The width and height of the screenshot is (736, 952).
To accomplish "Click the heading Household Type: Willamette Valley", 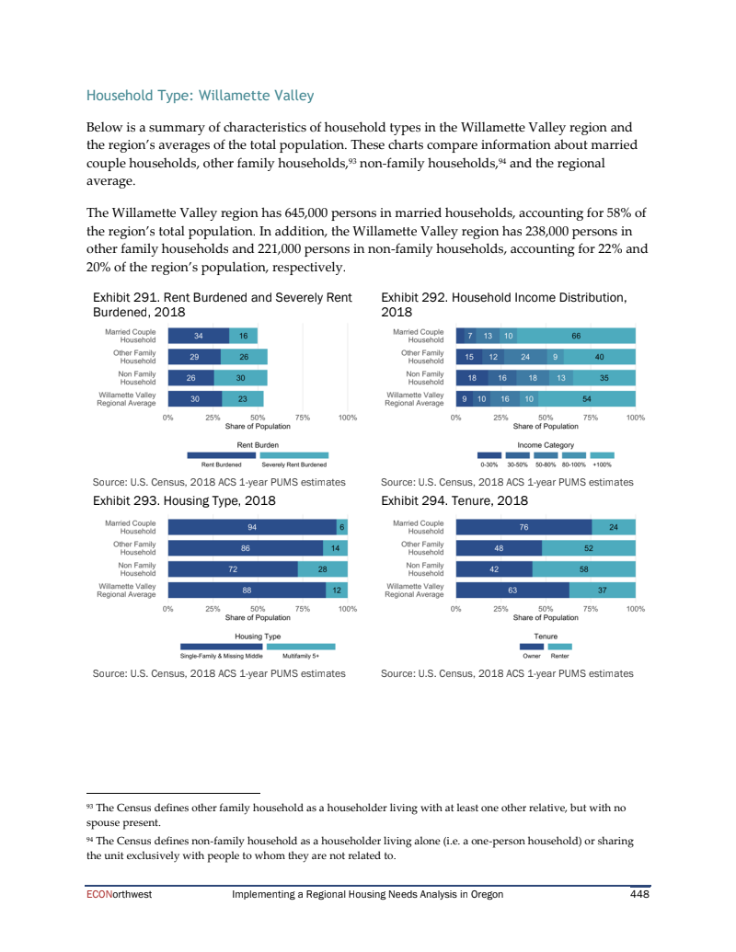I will coord(200,96).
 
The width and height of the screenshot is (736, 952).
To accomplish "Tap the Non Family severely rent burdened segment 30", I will coord(240,377).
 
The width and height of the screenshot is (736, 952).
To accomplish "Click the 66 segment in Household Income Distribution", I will coord(576,336).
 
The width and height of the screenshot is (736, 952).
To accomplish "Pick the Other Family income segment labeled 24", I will coord(525,356).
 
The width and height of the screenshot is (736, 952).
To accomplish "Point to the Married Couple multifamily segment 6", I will coord(341,527).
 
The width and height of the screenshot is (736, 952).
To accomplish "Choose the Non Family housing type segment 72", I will coord(234,569).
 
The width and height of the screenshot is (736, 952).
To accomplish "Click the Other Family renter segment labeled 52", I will coord(588,548).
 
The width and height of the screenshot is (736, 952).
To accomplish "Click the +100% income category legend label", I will coord(602,465).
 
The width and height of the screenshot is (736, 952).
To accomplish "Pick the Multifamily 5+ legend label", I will coord(301,656).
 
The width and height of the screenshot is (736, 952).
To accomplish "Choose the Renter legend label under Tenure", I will coord(559,656).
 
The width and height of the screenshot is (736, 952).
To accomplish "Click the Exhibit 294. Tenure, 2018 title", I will coord(454,501).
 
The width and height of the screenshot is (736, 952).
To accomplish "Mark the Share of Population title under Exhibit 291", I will coord(258,426).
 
